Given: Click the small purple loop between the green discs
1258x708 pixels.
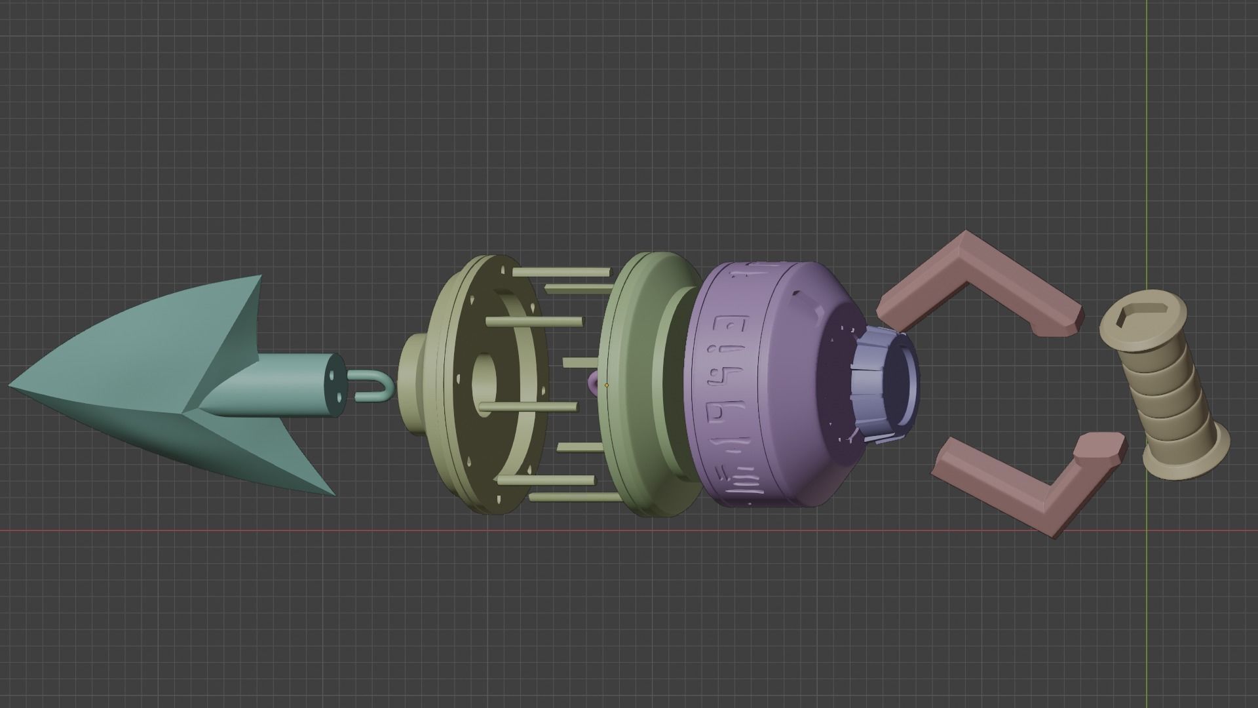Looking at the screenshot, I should point(594,382).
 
